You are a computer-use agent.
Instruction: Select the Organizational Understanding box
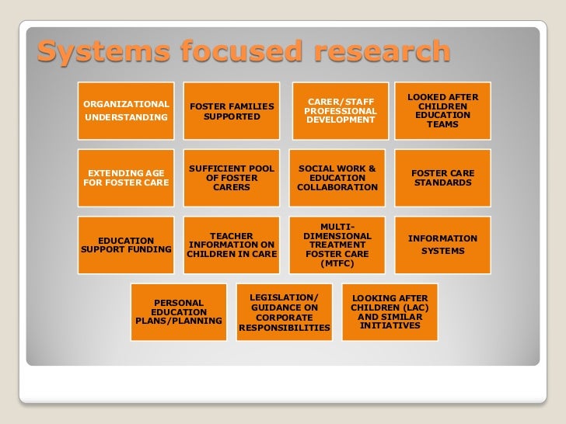coord(126,110)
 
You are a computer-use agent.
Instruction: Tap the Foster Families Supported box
coord(232,110)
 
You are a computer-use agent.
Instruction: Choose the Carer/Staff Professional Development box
coord(341,110)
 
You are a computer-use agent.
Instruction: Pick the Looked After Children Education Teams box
coord(443,110)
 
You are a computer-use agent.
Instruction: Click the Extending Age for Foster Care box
coord(126,178)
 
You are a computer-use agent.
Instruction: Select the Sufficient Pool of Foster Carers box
coord(232,178)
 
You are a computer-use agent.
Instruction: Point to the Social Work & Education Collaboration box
coord(337,178)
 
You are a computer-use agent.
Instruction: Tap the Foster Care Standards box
coord(443,178)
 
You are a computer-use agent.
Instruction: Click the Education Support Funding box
coord(126,245)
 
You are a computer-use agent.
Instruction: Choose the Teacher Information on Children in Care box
coord(232,245)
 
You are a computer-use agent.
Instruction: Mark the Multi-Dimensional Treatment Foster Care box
coord(337,245)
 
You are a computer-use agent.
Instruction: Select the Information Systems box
coord(443,245)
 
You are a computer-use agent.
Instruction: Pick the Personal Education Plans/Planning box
coord(179,312)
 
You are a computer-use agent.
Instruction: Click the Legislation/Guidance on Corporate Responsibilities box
coord(285,312)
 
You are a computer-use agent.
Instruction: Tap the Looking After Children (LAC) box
coord(390,312)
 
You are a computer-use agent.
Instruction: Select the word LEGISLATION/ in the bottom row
coord(285,297)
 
